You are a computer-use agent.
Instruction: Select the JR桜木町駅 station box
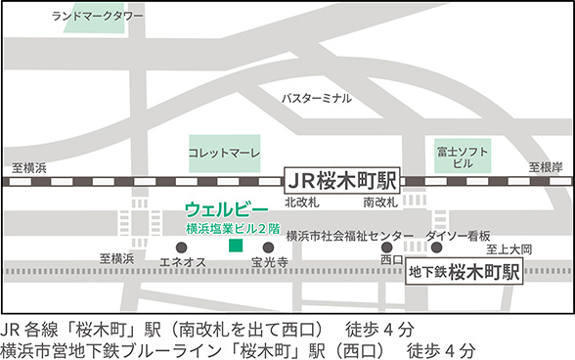click(x=342, y=180)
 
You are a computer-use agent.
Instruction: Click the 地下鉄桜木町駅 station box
click(x=464, y=271)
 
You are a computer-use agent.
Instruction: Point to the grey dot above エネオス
click(x=178, y=247)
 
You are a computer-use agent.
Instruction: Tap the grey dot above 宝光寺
click(x=268, y=247)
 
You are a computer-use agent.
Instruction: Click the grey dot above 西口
click(x=388, y=247)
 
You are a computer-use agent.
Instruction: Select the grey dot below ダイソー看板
click(x=436, y=247)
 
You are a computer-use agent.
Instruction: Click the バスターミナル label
click(x=316, y=99)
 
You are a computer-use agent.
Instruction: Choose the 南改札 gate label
click(x=379, y=202)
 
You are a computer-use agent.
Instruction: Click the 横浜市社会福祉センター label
click(x=349, y=236)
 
